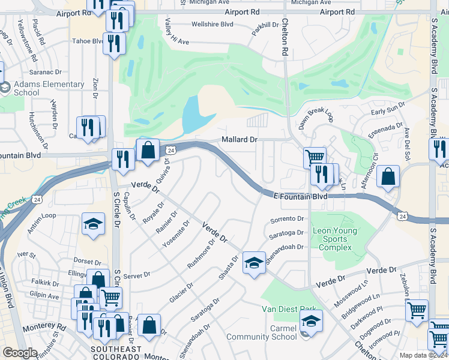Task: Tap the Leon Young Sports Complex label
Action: pos(334,239)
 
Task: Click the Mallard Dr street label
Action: pos(239,139)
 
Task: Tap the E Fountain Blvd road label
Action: pos(300,196)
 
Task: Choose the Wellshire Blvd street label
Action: pos(211,25)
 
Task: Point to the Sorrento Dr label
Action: pos(288,220)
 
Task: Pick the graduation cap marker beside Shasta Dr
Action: pos(254,263)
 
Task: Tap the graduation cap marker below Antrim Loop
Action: pos(93,224)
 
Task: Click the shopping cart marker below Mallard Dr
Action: pos(314,158)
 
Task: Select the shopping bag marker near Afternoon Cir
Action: pos(389,176)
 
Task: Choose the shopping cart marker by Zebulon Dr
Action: pos(417,310)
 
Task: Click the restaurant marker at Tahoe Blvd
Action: pos(113,43)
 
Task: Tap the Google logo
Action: pos(20,353)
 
